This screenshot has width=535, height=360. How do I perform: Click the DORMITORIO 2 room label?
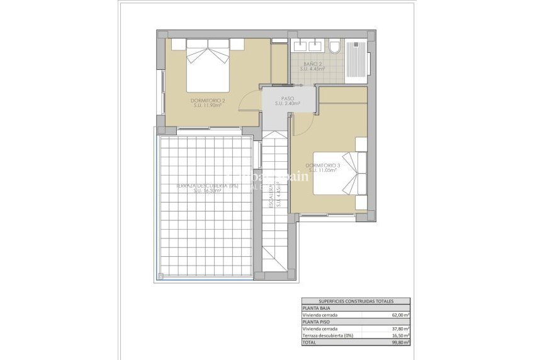pyautogui.click(x=208, y=100)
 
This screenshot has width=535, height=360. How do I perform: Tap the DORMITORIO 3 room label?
pyautogui.click(x=322, y=166)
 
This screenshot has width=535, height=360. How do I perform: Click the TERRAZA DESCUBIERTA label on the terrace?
pyautogui.click(x=199, y=186)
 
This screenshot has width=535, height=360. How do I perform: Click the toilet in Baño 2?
pyautogui.click(x=335, y=47)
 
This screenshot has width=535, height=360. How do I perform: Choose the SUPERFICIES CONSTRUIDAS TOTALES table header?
pyautogui.click(x=356, y=301)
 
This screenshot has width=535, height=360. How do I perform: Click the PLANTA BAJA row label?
pyautogui.click(x=317, y=308)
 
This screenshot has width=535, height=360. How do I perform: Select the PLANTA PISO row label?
pyautogui.click(x=317, y=322)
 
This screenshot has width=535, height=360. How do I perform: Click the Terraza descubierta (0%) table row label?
pyautogui.click(x=327, y=335)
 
